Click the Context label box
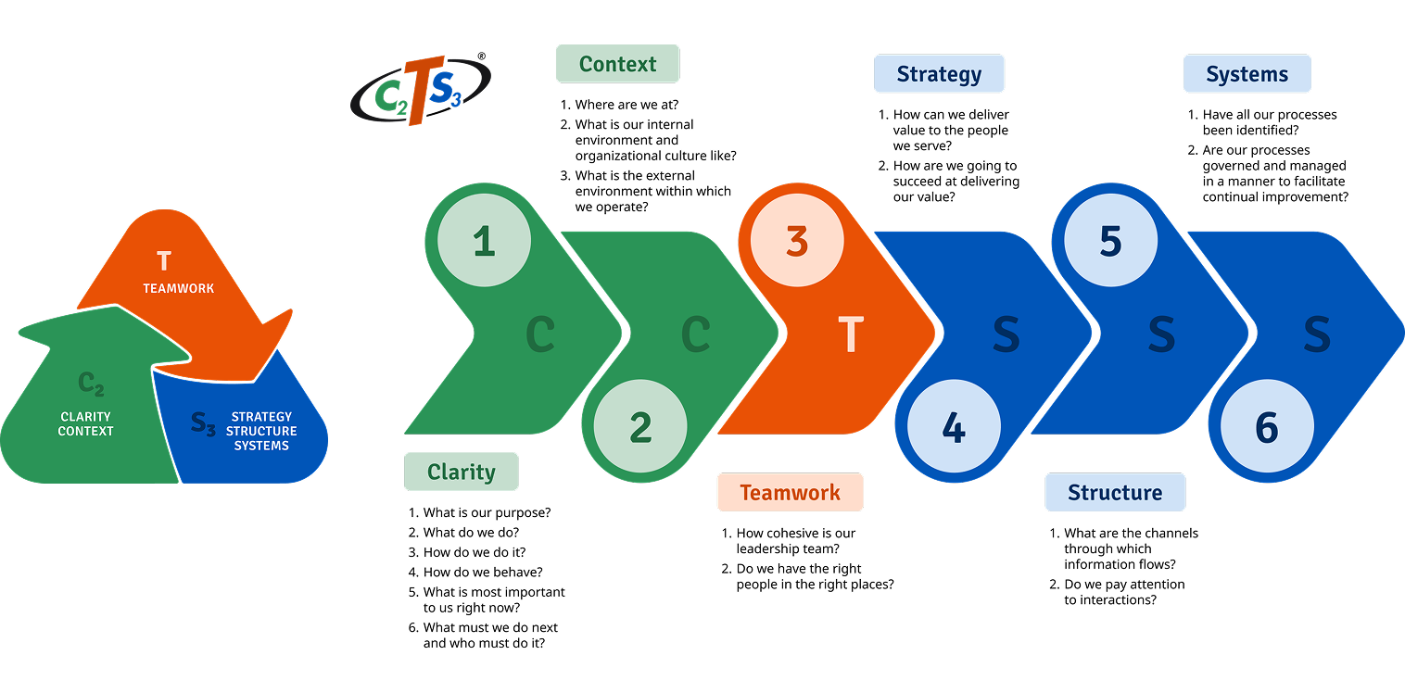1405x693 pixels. [x=617, y=64]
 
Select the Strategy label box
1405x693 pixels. [x=939, y=74]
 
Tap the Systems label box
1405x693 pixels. [x=1247, y=74]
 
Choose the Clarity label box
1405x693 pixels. [x=462, y=472]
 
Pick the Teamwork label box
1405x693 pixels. [x=790, y=492]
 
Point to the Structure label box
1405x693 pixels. [x=1115, y=492]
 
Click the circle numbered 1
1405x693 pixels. [x=484, y=241]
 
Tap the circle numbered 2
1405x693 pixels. [x=640, y=427]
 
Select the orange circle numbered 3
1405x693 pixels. [x=797, y=241]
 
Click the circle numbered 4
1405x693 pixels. [x=954, y=427]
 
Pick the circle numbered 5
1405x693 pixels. [x=1110, y=241]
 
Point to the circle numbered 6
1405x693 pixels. [x=1267, y=427]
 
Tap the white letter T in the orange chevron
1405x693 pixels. [x=850, y=334]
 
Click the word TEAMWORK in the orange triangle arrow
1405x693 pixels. [x=178, y=288]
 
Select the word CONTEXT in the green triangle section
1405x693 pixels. [x=85, y=431]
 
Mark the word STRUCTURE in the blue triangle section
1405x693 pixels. [x=261, y=431]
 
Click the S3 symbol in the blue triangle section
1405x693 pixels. [x=203, y=423]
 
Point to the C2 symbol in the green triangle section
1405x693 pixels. [x=91, y=383]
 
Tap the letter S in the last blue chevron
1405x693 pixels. [x=1317, y=334]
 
